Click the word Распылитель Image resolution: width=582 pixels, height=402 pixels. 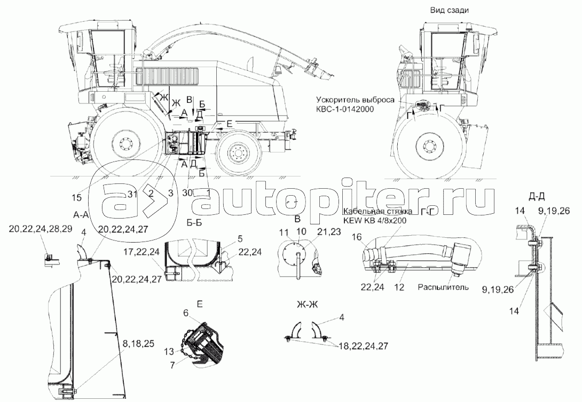(x=444, y=287)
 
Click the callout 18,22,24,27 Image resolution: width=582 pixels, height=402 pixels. (x=363, y=346)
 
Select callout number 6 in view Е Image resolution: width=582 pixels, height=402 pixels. (x=185, y=313)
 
